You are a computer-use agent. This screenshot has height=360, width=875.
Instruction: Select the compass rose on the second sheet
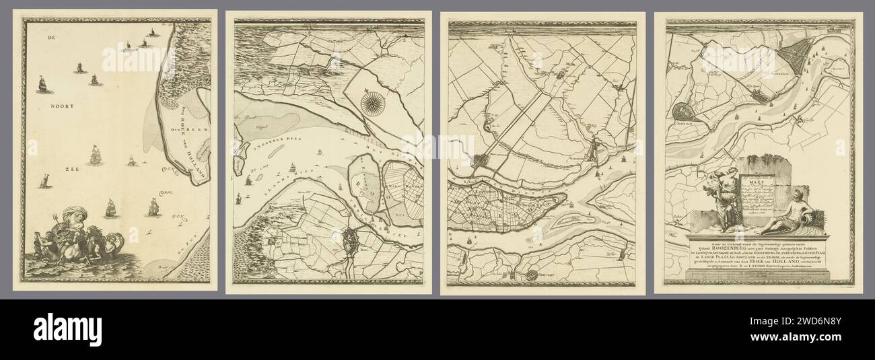pos(370,102)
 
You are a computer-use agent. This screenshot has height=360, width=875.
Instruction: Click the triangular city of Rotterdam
pos(796,55)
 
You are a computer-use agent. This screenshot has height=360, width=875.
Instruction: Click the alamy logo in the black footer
pos(67,330)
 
